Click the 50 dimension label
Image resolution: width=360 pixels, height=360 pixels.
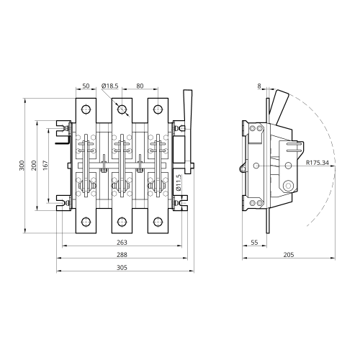86,86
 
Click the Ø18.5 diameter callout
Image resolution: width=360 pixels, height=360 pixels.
110,86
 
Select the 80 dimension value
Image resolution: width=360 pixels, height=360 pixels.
140,86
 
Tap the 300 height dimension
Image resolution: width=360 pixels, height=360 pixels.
22,166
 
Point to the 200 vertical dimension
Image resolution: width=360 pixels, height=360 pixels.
34,166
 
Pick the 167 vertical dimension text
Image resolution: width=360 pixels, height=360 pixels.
45,166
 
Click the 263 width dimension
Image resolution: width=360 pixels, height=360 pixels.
122,243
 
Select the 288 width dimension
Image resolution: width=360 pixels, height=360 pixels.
122,255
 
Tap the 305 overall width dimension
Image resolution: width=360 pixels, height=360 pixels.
122,267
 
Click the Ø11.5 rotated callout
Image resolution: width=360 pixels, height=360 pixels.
178,183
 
